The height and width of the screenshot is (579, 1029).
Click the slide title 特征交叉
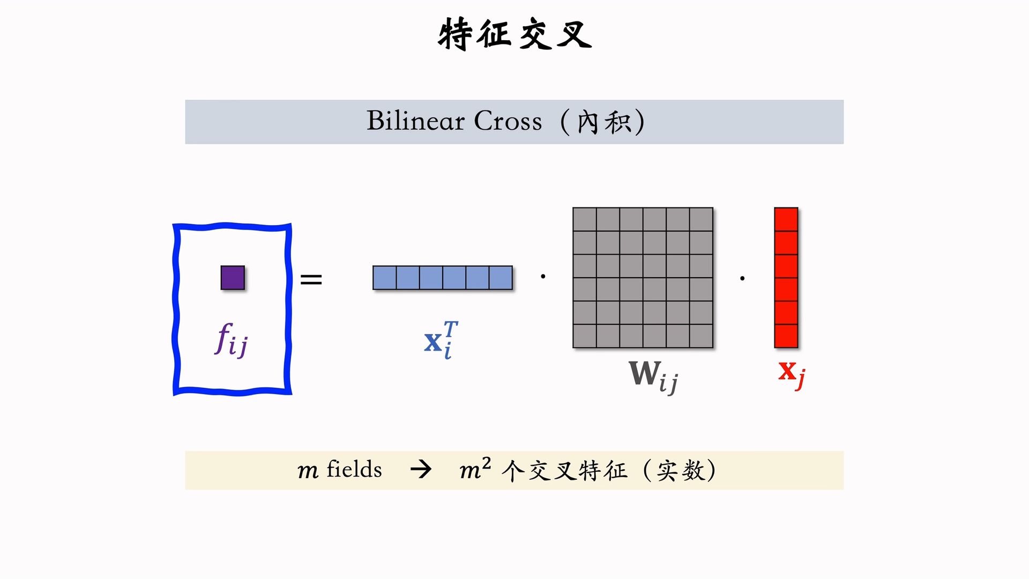click(514, 34)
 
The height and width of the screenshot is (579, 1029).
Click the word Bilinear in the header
click(415, 121)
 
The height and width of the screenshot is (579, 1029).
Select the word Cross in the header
click(508, 121)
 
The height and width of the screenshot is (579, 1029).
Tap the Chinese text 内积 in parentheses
click(603, 122)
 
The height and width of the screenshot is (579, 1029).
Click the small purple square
click(233, 278)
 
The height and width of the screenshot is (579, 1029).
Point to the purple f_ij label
click(231, 340)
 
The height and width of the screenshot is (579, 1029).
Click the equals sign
click(311, 279)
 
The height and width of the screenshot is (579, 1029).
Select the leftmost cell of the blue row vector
click(384, 278)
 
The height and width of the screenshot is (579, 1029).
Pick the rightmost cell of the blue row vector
click(501, 278)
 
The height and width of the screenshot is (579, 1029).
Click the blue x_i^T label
click(441, 340)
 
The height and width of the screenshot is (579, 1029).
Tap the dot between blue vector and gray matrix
click(543, 277)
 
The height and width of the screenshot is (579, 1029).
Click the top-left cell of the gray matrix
click(585, 219)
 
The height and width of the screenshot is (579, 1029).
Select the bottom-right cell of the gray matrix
click(701, 336)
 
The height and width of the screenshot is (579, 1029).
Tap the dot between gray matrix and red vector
click(742, 278)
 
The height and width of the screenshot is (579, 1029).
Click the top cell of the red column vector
click(786, 219)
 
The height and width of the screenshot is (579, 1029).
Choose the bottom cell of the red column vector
click(786, 336)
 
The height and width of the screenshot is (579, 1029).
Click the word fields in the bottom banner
click(354, 470)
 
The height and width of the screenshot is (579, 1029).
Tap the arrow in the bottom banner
click(421, 470)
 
